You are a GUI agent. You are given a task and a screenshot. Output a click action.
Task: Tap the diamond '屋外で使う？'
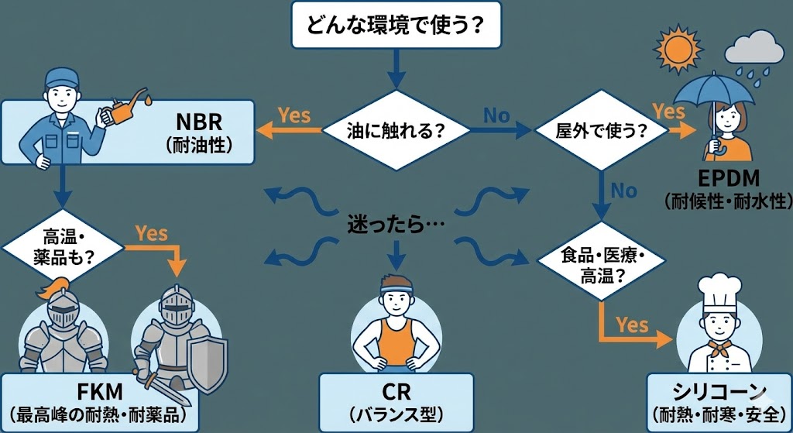point(602,131)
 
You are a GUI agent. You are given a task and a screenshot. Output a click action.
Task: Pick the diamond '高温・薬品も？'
point(61,247)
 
